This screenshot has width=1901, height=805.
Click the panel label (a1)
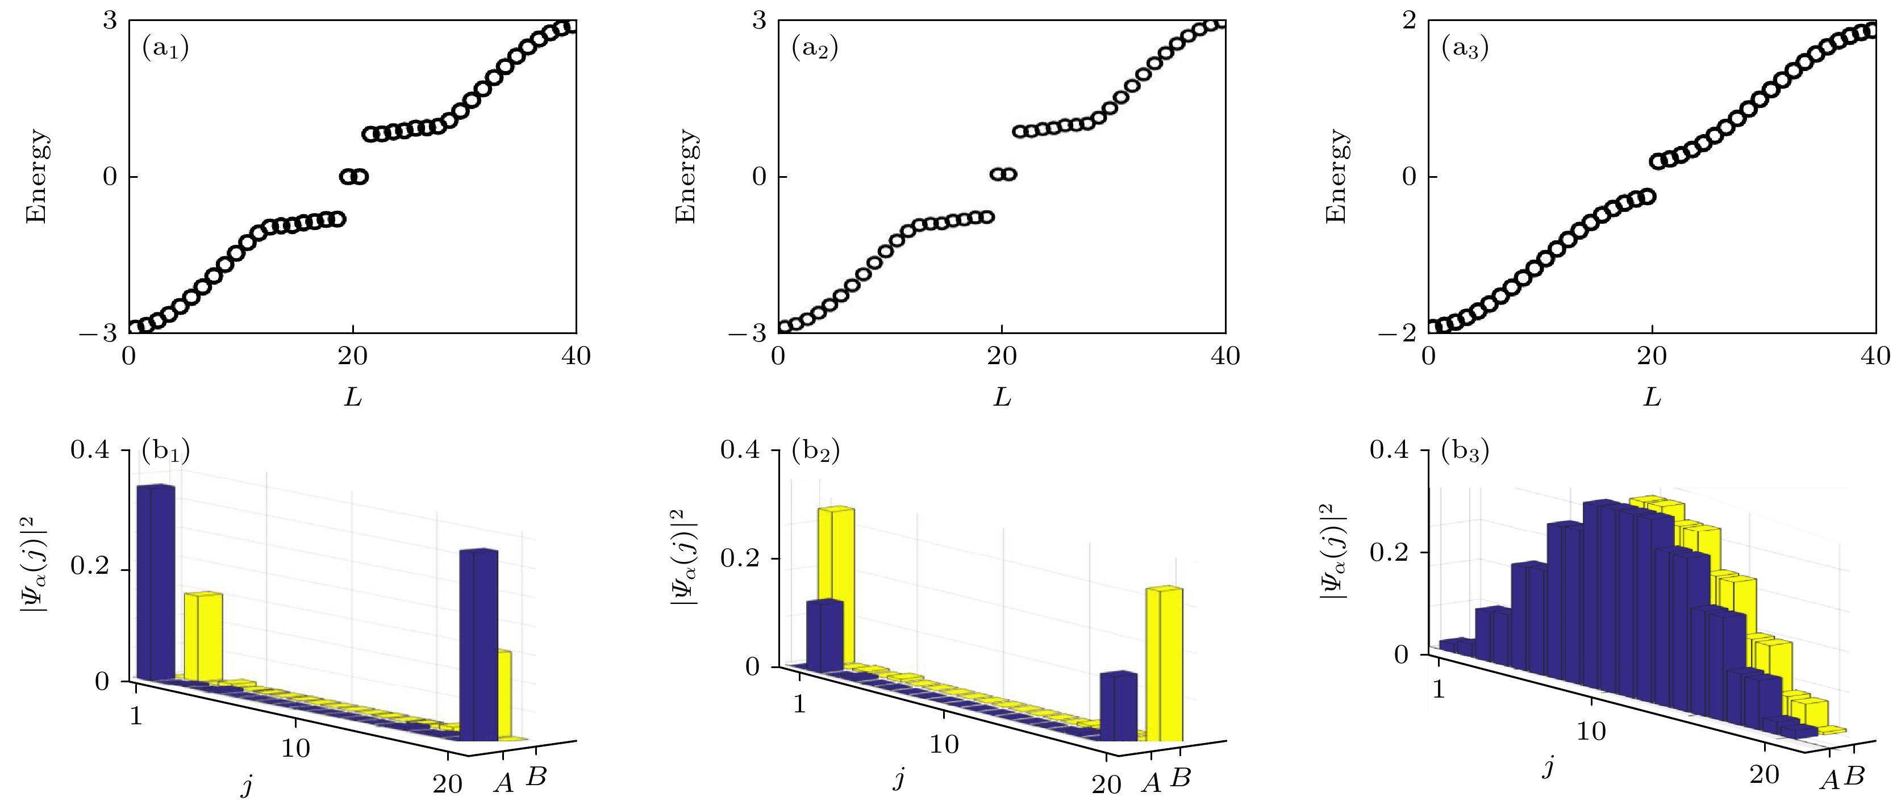(165, 49)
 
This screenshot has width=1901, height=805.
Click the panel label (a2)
(815, 49)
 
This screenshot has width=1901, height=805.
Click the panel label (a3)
(1465, 49)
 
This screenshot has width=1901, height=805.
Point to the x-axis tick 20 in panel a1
(352, 356)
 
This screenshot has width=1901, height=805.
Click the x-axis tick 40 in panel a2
(1225, 356)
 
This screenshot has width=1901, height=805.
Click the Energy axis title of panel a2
(686, 176)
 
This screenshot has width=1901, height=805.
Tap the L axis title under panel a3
(1652, 398)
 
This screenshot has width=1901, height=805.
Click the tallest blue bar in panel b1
(156, 583)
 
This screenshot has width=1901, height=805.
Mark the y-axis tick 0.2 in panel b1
(89, 566)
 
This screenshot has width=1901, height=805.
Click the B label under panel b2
(1181, 777)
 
